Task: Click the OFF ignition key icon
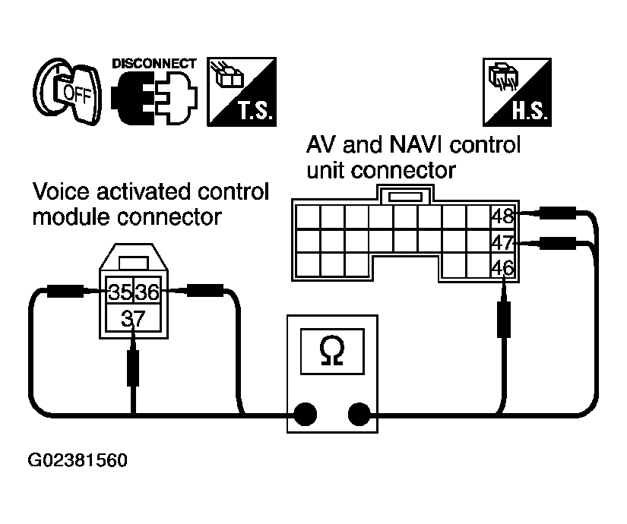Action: point(67,92)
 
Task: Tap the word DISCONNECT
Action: point(154,64)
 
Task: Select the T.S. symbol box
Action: point(242,92)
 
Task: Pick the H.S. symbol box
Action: point(517,92)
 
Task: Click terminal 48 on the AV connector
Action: point(502,216)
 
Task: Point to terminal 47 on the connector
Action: point(502,242)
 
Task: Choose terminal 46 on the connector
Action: point(502,267)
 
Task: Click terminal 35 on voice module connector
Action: point(120,292)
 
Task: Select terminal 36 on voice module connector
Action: point(147,292)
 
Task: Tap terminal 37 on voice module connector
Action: point(133,318)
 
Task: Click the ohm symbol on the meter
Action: point(332,351)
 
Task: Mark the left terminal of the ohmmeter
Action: point(306,414)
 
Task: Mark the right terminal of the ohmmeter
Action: point(359,414)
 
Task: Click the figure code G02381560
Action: point(78,460)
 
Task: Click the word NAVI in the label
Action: point(416,144)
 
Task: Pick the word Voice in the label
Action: point(62,191)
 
